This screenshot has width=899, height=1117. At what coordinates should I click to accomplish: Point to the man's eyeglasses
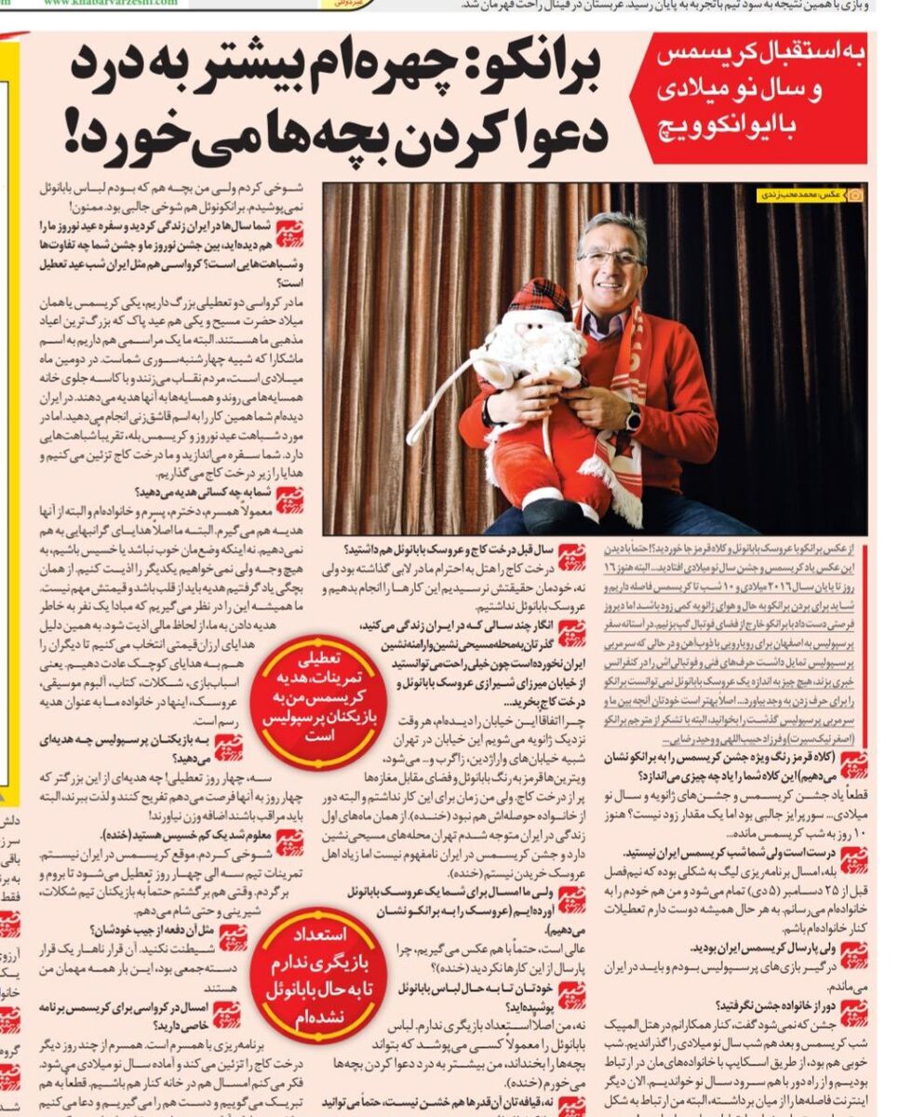click(609, 256)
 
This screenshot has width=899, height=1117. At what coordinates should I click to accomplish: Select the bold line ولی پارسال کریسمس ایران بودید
click(758, 948)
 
